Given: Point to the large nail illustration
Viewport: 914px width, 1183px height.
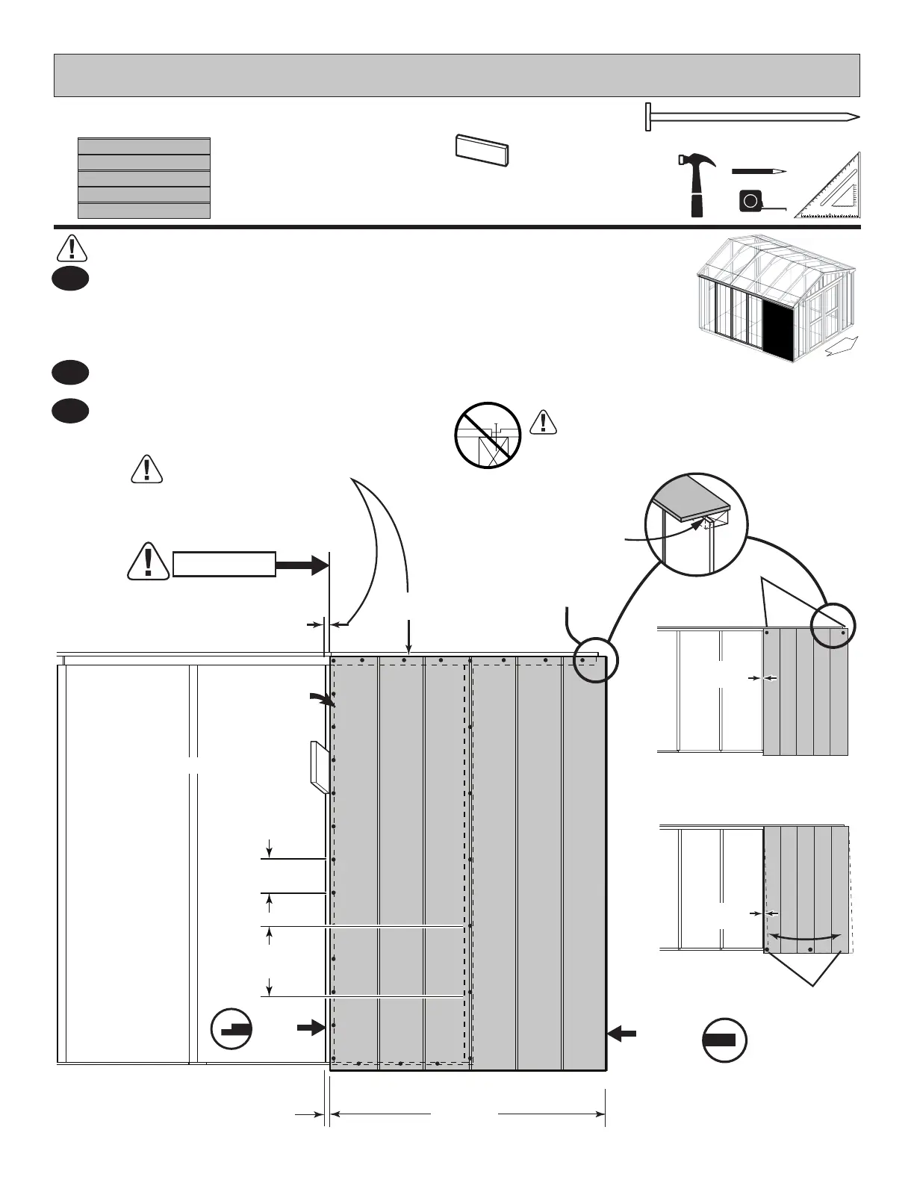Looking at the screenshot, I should (751, 117).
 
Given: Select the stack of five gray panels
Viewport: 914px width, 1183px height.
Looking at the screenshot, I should (144, 178).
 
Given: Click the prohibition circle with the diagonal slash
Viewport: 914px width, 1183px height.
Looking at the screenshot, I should (488, 435).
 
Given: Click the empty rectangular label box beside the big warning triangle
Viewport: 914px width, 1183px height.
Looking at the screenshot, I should (224, 565).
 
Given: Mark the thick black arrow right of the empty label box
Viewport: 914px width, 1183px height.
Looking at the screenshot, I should (302, 565).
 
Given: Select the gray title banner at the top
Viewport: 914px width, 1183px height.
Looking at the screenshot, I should (456, 75).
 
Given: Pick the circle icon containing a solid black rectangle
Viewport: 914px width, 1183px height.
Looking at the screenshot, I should (724, 1039).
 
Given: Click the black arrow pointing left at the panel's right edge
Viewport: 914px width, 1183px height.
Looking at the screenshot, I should (622, 1034).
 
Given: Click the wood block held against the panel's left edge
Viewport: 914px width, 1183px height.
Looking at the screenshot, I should (318, 767).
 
